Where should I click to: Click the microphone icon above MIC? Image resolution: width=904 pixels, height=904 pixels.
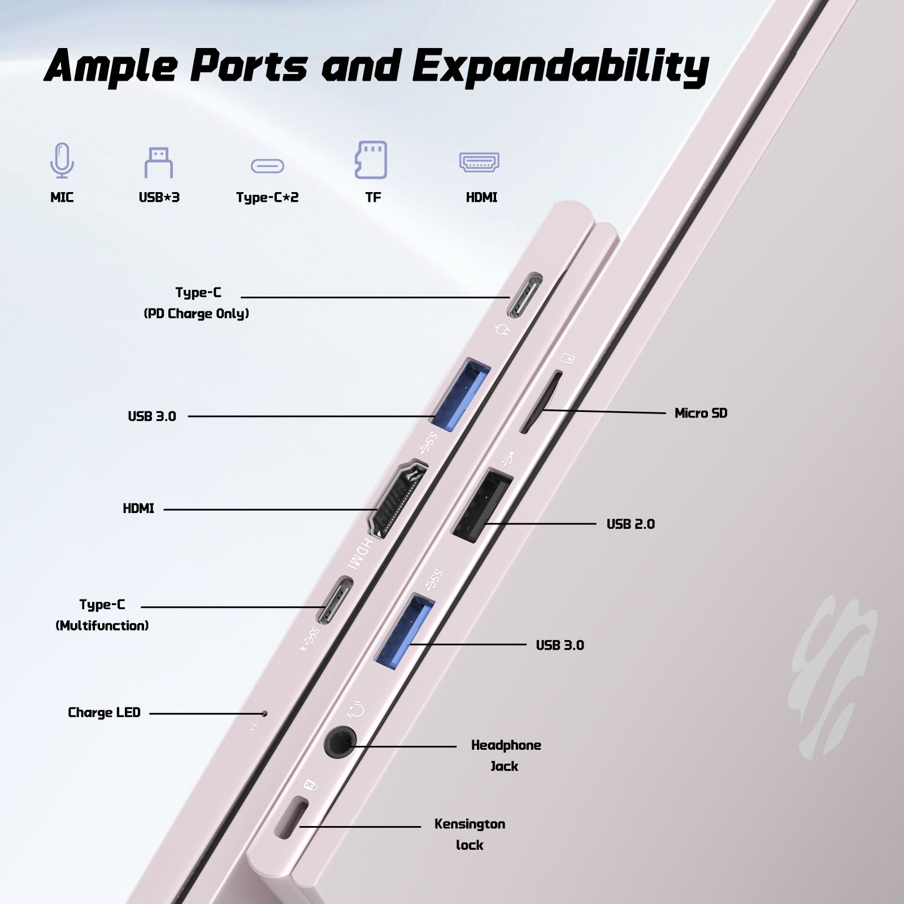coord(62,160)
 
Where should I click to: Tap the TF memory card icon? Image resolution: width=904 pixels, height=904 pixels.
coord(371,160)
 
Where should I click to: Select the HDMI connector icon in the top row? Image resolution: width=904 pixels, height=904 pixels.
coord(479,162)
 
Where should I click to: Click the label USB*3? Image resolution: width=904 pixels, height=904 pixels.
coord(159,197)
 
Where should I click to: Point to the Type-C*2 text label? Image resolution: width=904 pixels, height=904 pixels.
coord(267,197)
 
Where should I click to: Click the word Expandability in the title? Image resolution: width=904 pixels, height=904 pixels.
coord(560,67)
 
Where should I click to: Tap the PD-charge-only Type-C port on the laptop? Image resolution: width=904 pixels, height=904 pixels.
coord(525,296)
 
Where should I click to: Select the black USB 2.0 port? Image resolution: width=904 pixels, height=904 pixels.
coord(482,506)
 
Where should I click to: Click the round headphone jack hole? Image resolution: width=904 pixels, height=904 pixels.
coord(341,742)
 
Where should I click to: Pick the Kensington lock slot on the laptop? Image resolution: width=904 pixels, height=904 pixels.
coord(291,819)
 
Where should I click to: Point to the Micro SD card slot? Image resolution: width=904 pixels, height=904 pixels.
coord(540,402)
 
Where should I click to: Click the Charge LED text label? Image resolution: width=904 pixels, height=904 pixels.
coord(104,712)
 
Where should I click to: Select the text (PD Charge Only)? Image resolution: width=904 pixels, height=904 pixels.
coord(196,314)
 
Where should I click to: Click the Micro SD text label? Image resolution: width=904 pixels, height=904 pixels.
coord(701,413)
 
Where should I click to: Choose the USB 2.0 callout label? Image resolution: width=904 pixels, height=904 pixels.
coord(631,524)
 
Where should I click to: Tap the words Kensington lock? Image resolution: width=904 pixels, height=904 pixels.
coord(470,834)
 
